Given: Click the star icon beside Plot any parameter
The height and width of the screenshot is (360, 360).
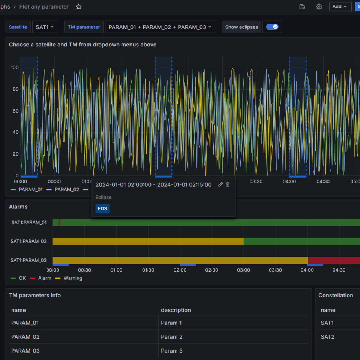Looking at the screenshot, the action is tap(79, 7).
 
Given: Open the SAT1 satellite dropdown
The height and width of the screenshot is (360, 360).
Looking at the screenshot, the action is tap(45, 27).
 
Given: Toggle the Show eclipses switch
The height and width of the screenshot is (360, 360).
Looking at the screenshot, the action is tap(272, 27).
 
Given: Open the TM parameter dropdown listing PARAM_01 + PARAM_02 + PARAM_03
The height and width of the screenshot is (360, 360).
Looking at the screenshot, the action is tap(160, 27).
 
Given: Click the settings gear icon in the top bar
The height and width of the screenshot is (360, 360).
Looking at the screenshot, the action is tap(319, 7).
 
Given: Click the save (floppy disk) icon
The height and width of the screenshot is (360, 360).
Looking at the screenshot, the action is tap(302, 7).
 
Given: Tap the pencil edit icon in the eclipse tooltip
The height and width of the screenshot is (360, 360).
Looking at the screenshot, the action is tap(220, 184).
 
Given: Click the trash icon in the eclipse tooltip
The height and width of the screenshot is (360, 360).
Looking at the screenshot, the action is tap(228, 184).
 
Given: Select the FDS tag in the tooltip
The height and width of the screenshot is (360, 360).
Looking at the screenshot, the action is tap(102, 209).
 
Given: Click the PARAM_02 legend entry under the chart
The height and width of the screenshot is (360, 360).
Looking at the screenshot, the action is tap(63, 190).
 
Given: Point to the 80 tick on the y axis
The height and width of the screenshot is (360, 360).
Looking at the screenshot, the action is tap(16, 89).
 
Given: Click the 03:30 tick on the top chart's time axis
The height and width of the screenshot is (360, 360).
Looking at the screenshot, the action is tap(256, 181).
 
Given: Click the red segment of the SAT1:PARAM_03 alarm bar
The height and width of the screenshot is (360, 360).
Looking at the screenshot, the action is tap(334, 260).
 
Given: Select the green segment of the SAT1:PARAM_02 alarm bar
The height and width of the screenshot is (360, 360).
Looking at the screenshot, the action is tap(301, 241).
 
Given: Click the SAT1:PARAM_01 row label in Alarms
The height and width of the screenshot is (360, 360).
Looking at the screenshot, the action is tap(29, 222).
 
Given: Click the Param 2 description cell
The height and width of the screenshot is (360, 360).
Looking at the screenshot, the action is tap(171, 337).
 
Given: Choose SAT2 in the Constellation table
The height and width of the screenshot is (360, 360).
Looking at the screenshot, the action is tap(327, 337).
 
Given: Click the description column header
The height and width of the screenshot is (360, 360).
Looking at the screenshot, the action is tap(175, 310).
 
